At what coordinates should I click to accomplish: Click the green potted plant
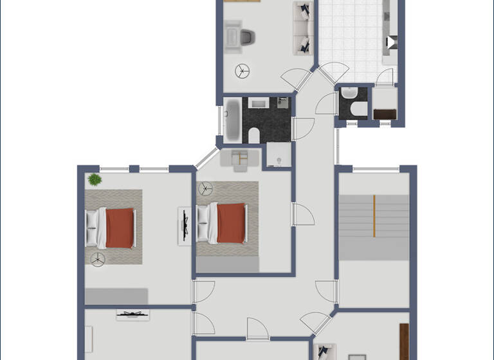tap(95, 179)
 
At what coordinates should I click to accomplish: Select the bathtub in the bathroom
tap(233, 120)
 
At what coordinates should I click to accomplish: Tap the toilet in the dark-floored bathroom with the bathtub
tap(253, 135)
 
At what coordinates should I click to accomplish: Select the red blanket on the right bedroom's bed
tap(231, 222)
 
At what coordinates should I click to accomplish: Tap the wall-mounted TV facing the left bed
tap(185, 225)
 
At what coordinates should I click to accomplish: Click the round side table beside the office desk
tap(243, 70)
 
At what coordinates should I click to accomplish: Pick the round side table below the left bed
tap(98, 260)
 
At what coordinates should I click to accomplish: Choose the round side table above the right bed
tap(206, 188)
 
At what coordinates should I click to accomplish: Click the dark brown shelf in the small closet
tap(384, 114)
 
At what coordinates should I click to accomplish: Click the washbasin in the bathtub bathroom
tap(258, 102)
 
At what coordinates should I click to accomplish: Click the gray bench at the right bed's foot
tap(227, 264)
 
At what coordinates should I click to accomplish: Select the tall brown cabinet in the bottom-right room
tap(404, 341)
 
